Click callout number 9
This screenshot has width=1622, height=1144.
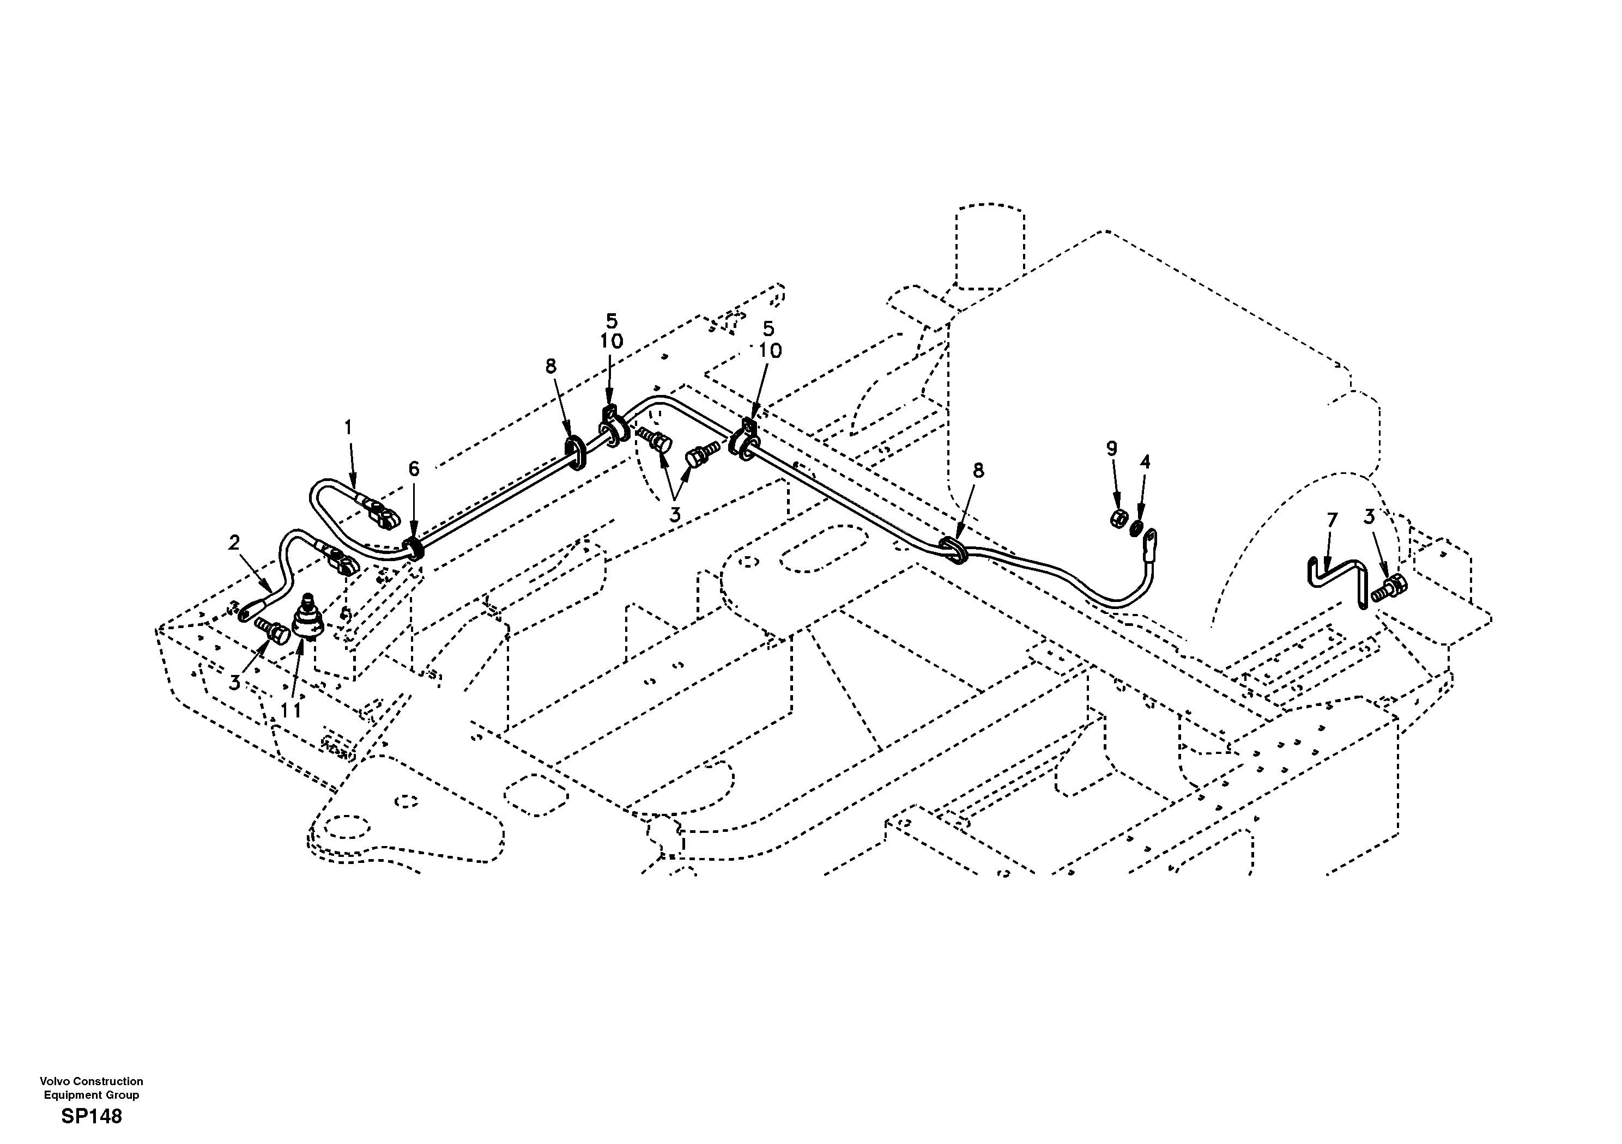(x=1112, y=448)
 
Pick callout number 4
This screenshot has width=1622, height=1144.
(x=1145, y=463)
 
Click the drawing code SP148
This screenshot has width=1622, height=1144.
(x=92, y=1116)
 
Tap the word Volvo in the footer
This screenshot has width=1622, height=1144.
(x=52, y=1081)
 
